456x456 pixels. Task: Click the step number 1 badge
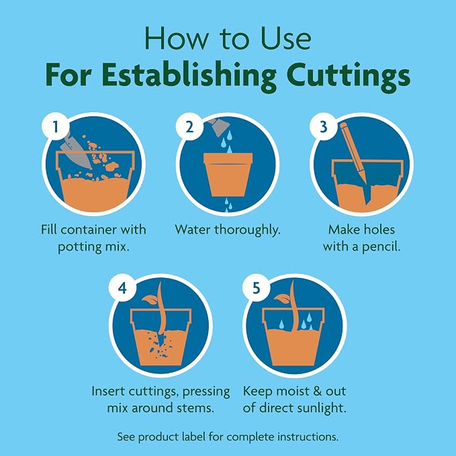56,127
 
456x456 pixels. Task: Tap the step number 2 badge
189,127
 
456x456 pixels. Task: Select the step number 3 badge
324,127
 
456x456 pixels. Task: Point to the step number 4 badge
122,288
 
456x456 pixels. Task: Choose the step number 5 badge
257,288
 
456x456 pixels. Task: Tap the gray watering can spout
220,126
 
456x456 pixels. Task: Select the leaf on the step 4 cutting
150,300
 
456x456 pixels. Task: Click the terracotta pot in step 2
228,175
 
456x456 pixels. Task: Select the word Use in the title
286,39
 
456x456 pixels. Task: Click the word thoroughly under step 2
248,230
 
